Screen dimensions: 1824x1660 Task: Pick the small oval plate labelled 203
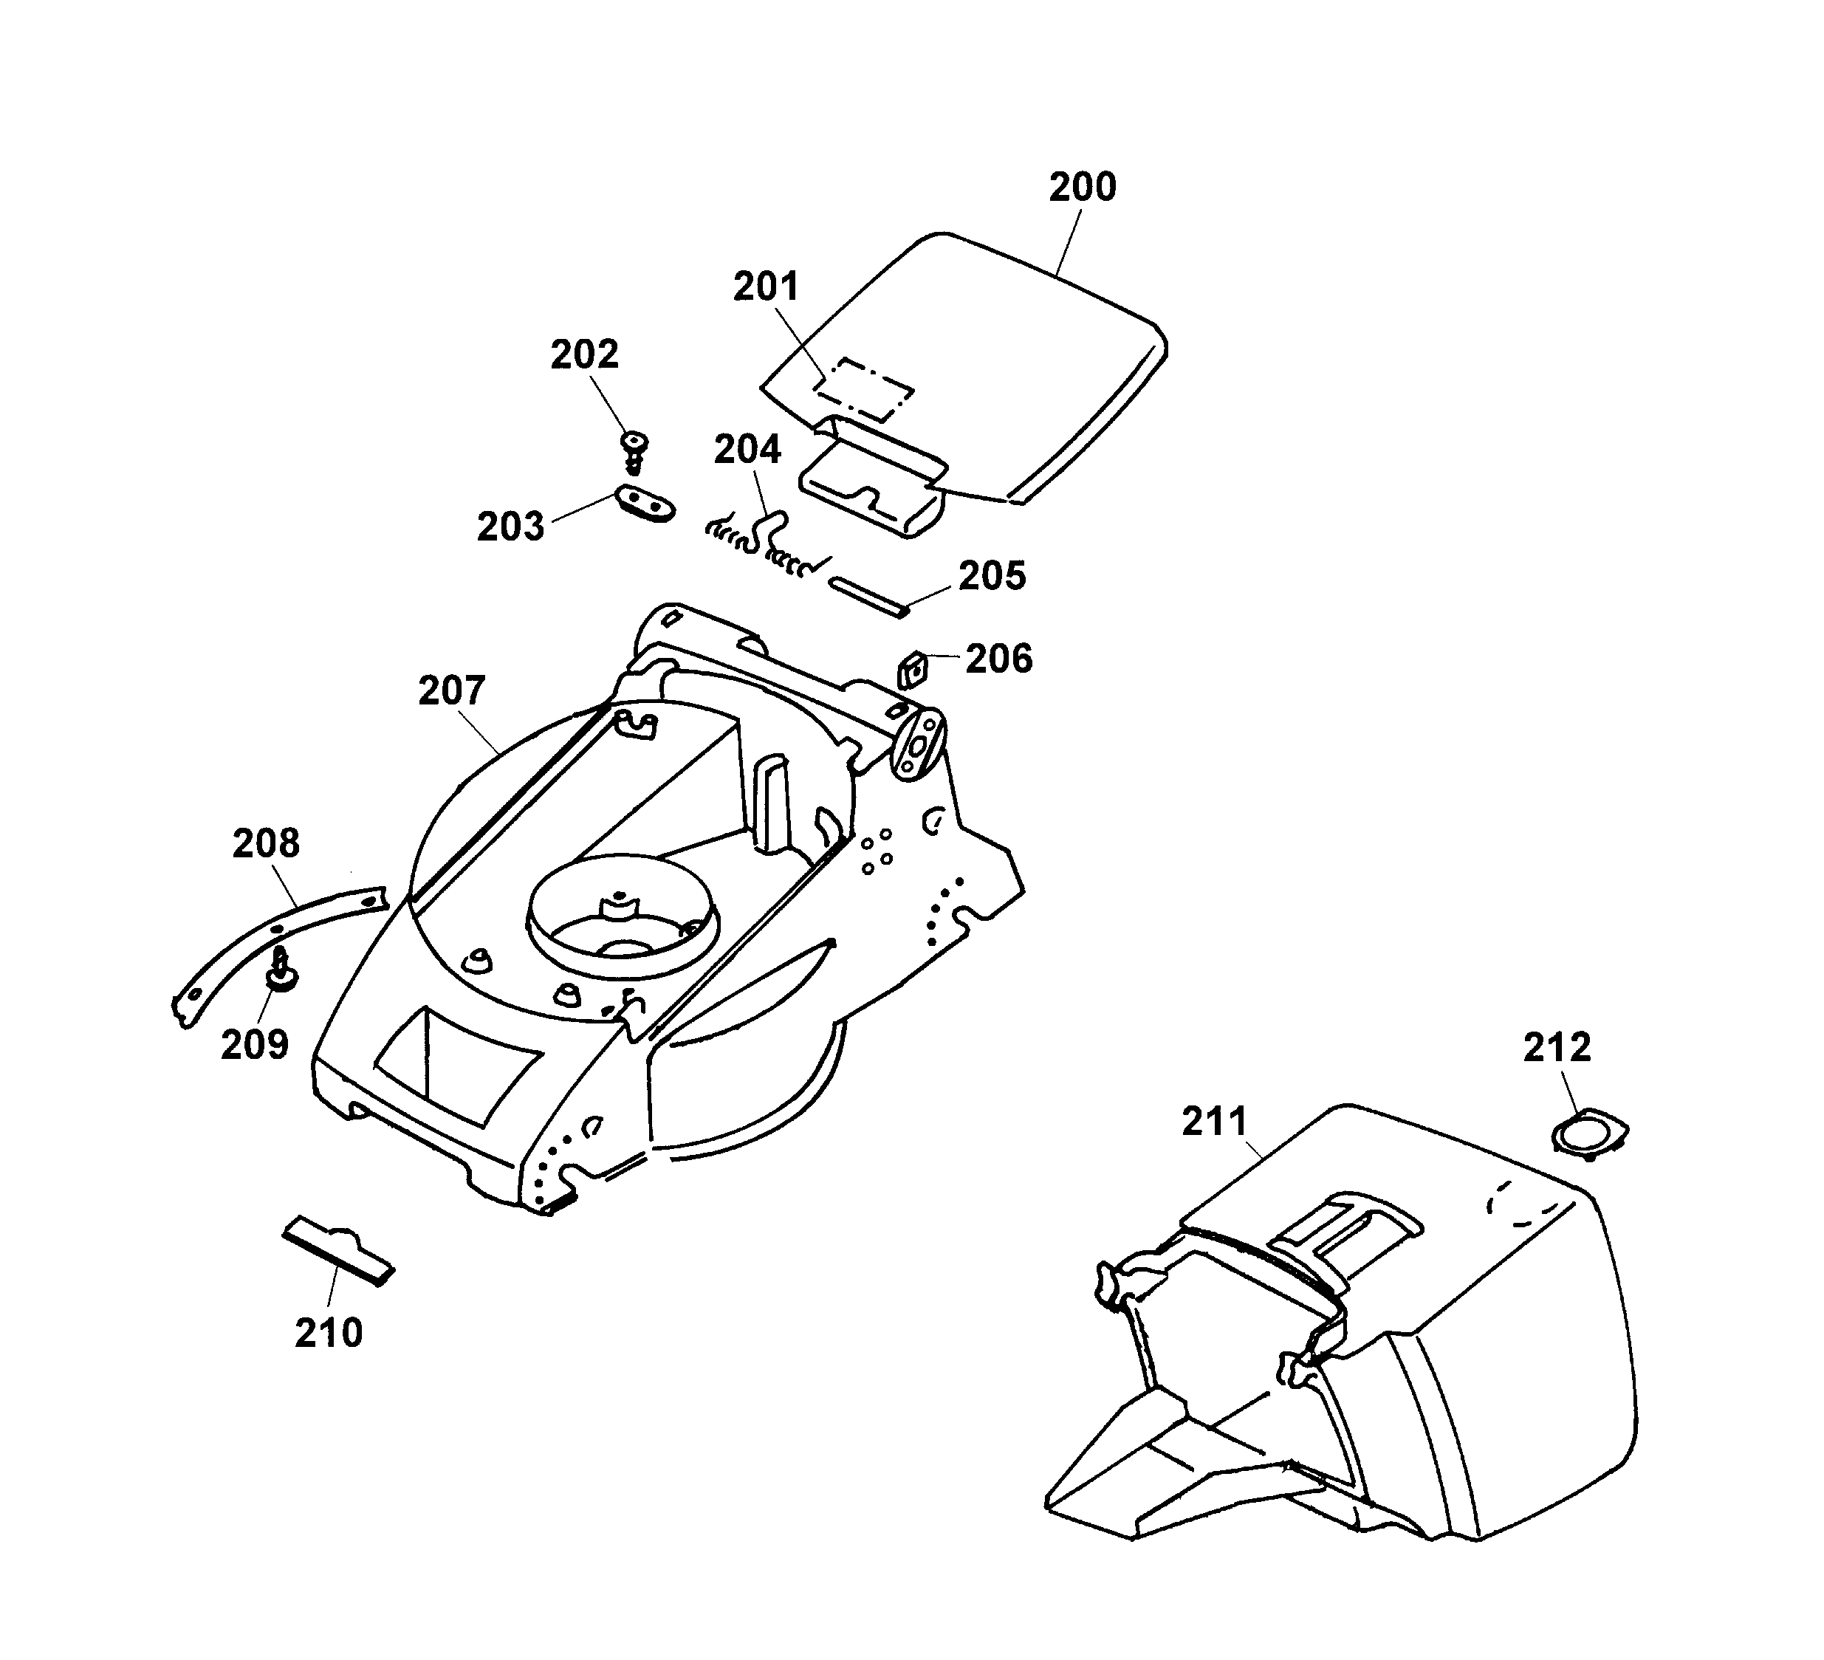(x=645, y=503)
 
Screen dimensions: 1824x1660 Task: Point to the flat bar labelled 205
(x=869, y=597)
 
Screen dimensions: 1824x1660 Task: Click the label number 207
(x=451, y=691)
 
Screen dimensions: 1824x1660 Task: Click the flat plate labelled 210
(x=338, y=1251)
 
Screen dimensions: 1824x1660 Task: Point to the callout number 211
(x=1215, y=1122)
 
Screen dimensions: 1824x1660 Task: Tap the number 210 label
(x=329, y=1334)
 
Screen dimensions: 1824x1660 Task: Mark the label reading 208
(x=265, y=844)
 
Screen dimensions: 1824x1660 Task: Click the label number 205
(x=992, y=576)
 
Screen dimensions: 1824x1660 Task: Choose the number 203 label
(x=510, y=527)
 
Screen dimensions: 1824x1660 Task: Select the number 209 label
(x=254, y=1045)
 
